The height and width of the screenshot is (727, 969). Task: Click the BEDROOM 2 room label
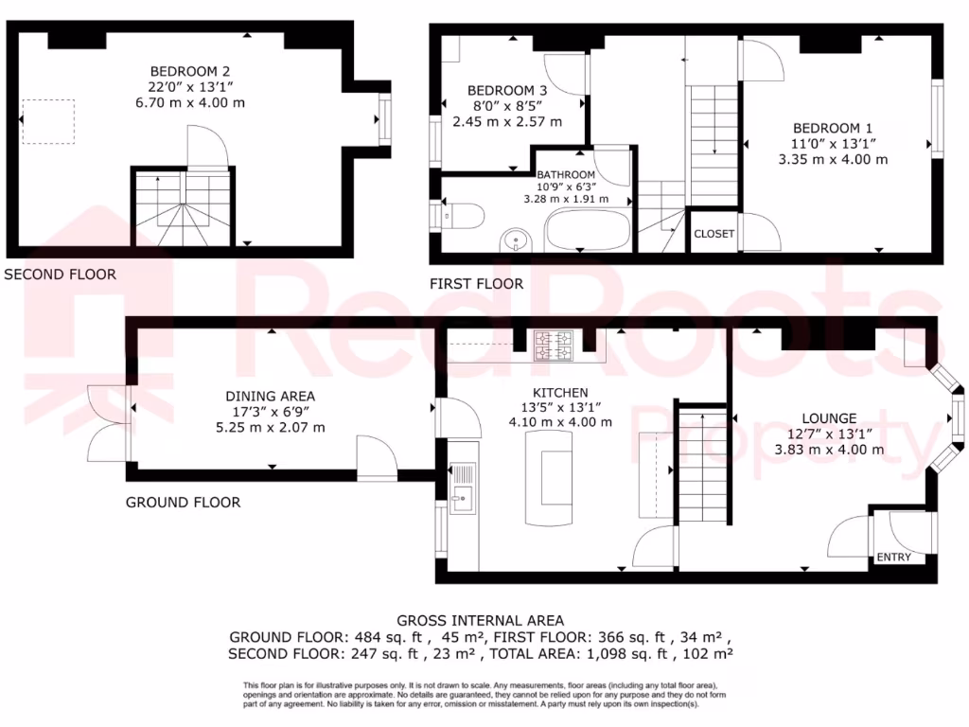click(x=190, y=71)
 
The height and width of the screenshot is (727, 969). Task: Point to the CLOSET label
click(x=714, y=234)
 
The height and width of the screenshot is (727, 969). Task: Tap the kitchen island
click(x=555, y=478)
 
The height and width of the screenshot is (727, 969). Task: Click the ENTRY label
click(x=894, y=557)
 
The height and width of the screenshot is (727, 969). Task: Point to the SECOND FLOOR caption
click(x=61, y=275)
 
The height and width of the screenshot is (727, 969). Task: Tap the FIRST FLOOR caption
click(x=476, y=283)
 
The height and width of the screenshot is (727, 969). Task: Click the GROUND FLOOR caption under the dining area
click(x=183, y=502)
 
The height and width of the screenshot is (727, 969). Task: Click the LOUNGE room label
click(x=829, y=418)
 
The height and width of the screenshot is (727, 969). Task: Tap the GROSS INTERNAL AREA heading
click(x=481, y=621)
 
